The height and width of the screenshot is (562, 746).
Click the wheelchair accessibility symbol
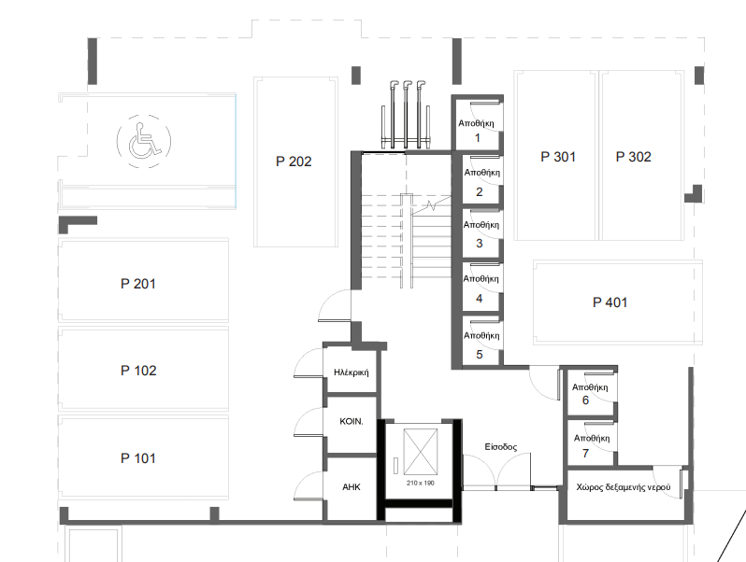[143, 140]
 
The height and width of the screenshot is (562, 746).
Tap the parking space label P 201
[137, 284]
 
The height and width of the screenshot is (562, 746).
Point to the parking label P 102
[137, 371]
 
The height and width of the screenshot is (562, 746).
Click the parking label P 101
[137, 458]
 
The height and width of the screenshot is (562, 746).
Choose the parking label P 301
[558, 157]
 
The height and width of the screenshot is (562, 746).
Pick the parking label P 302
[633, 157]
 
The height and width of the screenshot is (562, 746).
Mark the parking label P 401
[610, 302]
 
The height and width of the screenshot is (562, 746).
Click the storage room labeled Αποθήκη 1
[476, 130]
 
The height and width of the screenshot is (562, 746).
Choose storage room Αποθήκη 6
[589, 393]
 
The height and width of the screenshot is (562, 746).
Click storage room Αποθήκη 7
[589, 445]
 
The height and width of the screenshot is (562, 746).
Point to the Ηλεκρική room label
[351, 372]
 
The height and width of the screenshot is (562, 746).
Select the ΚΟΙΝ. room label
[351, 422]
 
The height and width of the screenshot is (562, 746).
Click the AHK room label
[351, 487]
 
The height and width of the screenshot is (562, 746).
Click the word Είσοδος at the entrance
[500, 447]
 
